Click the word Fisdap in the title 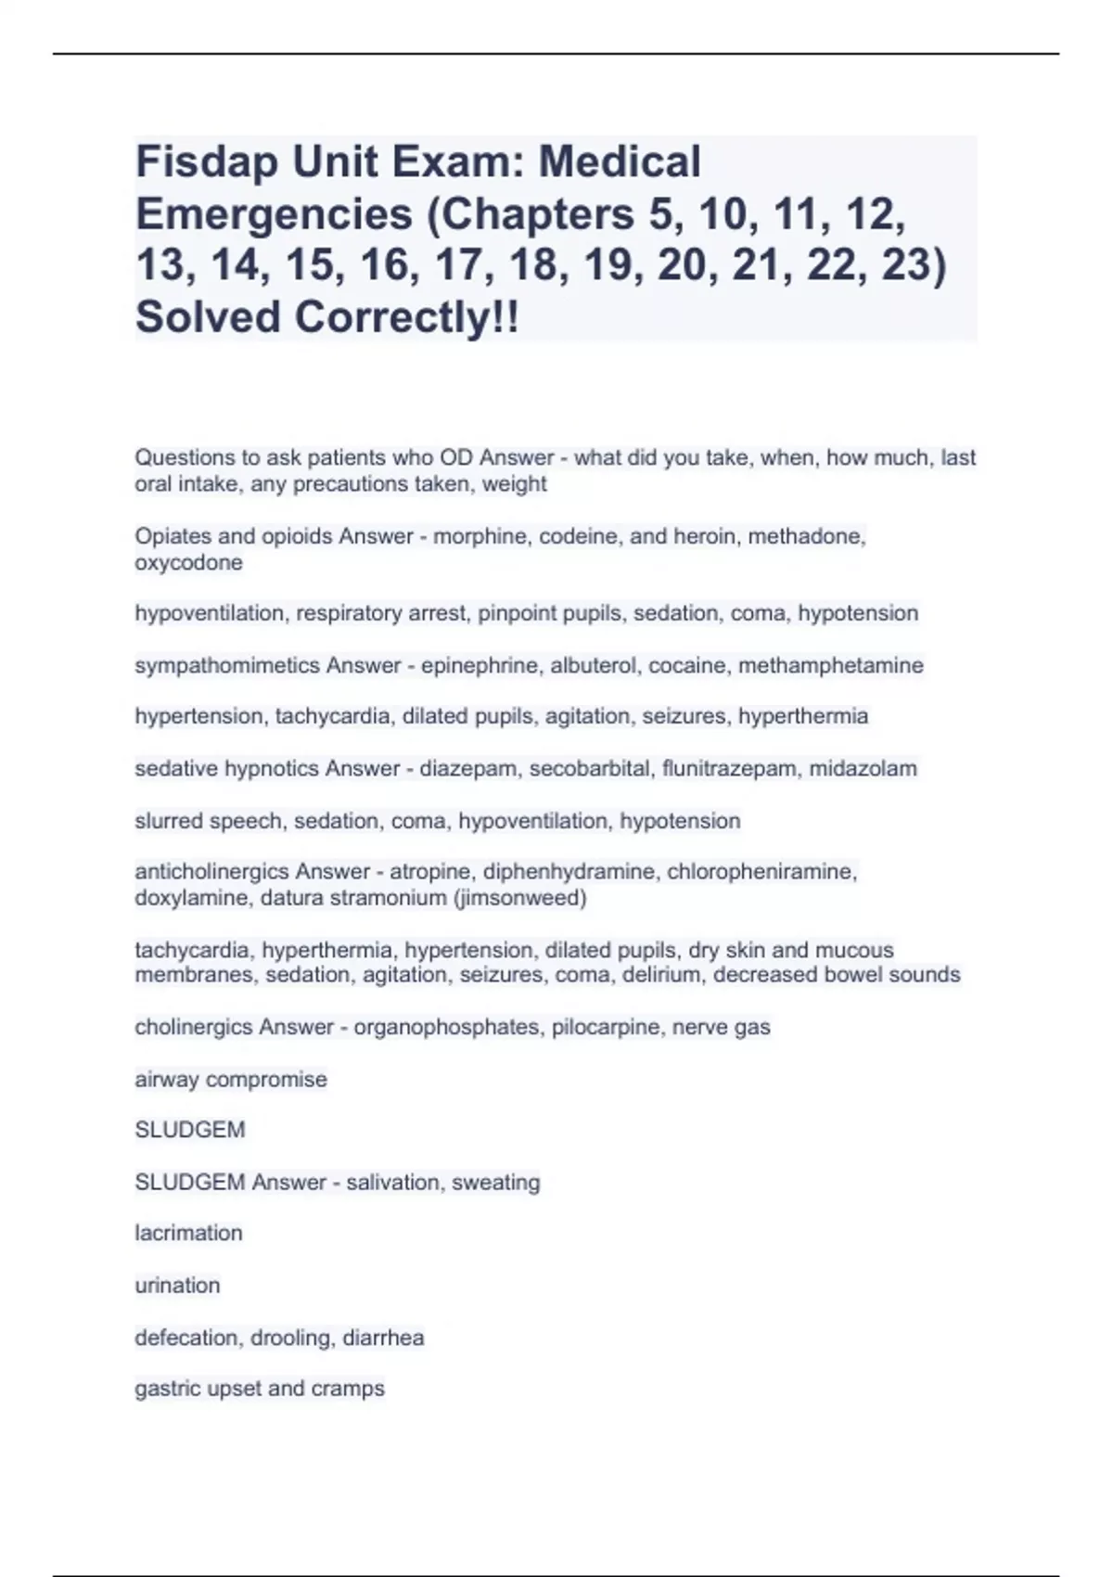tap(206, 162)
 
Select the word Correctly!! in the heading tap(407, 317)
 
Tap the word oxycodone tap(188, 562)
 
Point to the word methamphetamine tap(831, 665)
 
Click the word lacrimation tap(188, 1233)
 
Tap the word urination tap(177, 1285)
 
